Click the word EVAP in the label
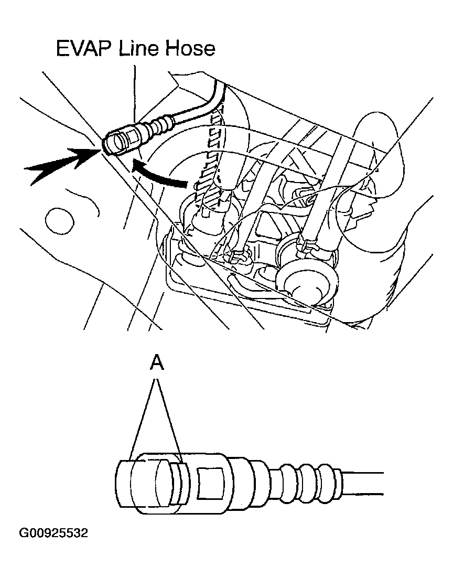pos(84,48)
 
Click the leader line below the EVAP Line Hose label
pos(135,89)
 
